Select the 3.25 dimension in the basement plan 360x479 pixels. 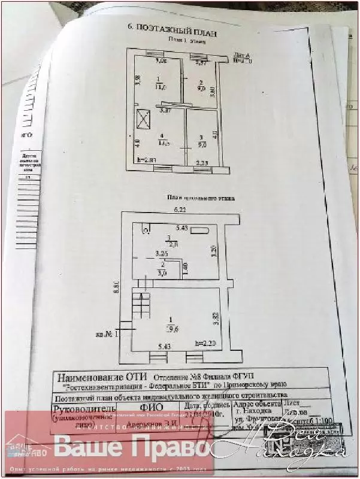pos(161,254)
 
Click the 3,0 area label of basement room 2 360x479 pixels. pos(162,273)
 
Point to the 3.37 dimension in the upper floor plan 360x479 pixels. pos(165,110)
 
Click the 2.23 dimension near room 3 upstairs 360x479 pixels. pos(202,163)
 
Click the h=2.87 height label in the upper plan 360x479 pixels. pos(146,160)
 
